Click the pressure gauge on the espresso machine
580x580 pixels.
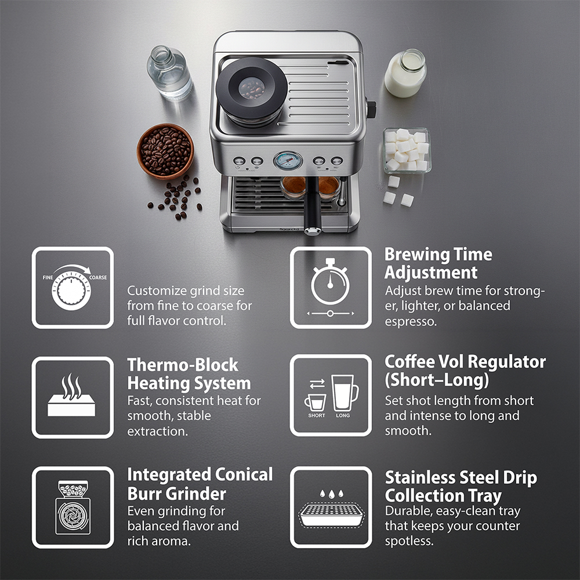[x=288, y=161]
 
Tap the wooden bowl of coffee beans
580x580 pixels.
[x=165, y=151]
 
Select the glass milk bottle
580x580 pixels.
[x=405, y=73]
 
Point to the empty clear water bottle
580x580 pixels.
[x=169, y=72]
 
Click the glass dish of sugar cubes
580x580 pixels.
[x=407, y=150]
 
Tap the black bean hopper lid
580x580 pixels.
[x=252, y=88]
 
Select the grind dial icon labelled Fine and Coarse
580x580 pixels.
[x=72, y=288]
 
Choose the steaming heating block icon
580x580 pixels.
[x=71, y=395]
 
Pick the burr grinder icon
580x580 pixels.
[x=73, y=507]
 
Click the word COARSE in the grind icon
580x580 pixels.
[x=98, y=277]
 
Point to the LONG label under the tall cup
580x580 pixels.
[x=343, y=415]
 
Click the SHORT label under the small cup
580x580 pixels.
[x=317, y=415]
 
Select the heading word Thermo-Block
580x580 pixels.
[x=183, y=365]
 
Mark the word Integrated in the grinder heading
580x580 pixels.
[x=168, y=475]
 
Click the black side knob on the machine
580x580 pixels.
[x=371, y=110]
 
